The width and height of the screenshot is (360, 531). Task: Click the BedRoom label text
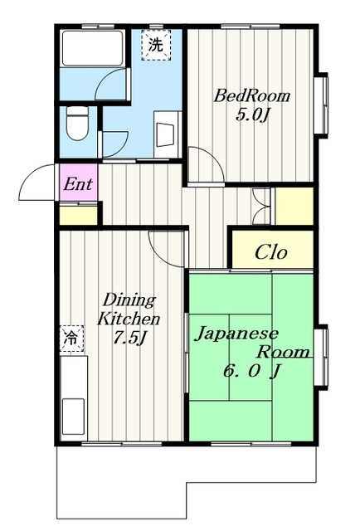point(251,95)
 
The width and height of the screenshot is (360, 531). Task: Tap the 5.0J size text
point(252,115)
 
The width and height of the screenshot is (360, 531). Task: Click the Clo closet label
point(271,252)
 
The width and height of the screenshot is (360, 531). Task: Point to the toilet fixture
point(77,123)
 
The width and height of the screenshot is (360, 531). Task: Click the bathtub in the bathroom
point(92,48)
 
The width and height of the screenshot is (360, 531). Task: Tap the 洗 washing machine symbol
point(156,45)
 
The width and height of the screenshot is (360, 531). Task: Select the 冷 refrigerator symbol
point(71,338)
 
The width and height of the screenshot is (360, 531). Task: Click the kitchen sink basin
point(73,417)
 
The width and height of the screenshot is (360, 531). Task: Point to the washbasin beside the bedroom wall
point(166,134)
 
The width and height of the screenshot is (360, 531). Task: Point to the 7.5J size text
point(130,338)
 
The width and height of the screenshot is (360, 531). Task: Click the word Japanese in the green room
point(236,334)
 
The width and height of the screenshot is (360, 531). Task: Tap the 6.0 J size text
point(251,371)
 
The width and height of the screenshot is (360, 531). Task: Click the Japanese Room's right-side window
point(321,357)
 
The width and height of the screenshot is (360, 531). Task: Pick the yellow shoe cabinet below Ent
point(79,214)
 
